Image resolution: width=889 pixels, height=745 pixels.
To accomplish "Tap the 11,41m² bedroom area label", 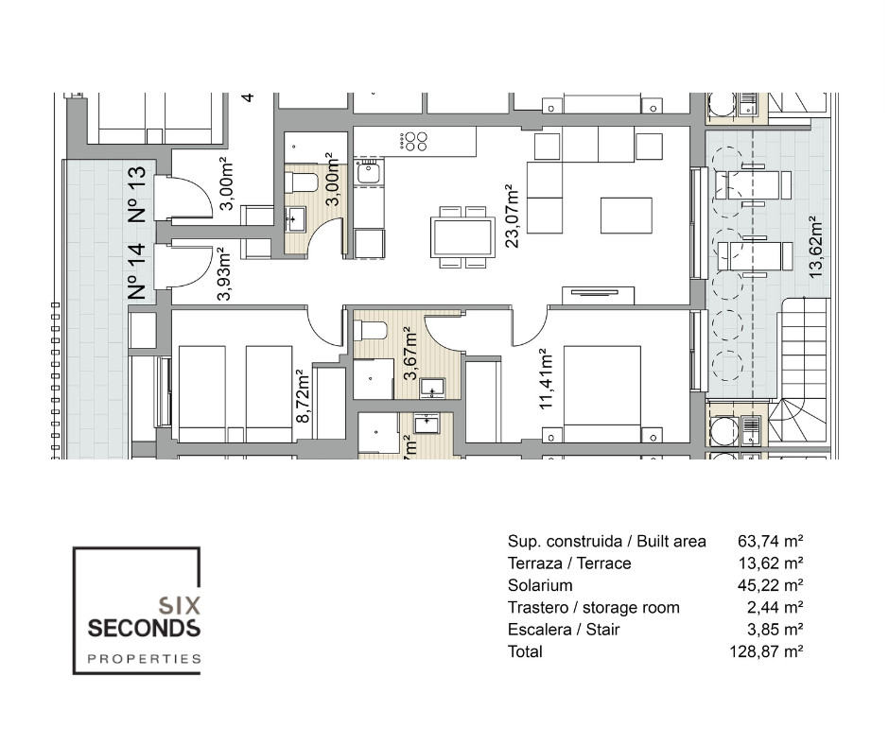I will pyautogui.click(x=546, y=380).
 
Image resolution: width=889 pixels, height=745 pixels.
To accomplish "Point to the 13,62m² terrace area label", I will pyautogui.click(x=814, y=247).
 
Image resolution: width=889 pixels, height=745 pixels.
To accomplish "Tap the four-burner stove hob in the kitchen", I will pyautogui.click(x=414, y=141).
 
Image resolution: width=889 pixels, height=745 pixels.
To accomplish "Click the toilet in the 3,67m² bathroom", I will pyautogui.click(x=371, y=330).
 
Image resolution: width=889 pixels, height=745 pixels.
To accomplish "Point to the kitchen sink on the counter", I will pyautogui.click(x=368, y=171).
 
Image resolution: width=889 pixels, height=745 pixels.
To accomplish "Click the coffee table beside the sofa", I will pyautogui.click(x=626, y=215).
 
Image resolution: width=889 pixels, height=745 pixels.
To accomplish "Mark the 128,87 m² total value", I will pyautogui.click(x=771, y=651).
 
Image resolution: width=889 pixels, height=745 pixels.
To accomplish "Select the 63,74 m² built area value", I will pyautogui.click(x=771, y=542).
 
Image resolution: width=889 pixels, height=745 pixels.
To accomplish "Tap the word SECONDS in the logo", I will pyautogui.click(x=143, y=628).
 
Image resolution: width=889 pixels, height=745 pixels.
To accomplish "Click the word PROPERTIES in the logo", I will pyautogui.click(x=144, y=659).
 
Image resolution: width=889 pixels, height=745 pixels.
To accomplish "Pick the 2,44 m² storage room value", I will pyautogui.click(x=775, y=608).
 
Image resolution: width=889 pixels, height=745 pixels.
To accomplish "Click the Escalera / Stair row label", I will pyautogui.click(x=564, y=630).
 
